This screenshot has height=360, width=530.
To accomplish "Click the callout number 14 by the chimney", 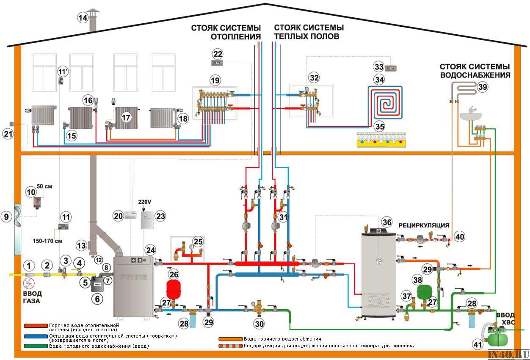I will [83, 18].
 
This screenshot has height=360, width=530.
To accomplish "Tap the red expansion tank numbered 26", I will [173, 289].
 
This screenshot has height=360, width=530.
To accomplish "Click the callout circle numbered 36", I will [386, 222].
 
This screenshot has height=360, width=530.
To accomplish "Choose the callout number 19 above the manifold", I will [215, 79].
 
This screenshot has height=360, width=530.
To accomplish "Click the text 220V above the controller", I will [145, 202].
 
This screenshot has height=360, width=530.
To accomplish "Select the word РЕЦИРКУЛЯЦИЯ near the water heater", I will [423, 225].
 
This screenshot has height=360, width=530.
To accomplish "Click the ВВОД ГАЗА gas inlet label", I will [32, 297].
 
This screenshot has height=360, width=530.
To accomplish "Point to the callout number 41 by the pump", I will [478, 345].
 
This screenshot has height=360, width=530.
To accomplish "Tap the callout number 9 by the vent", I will [6, 217].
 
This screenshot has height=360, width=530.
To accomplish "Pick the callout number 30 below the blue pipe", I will [259, 324].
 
